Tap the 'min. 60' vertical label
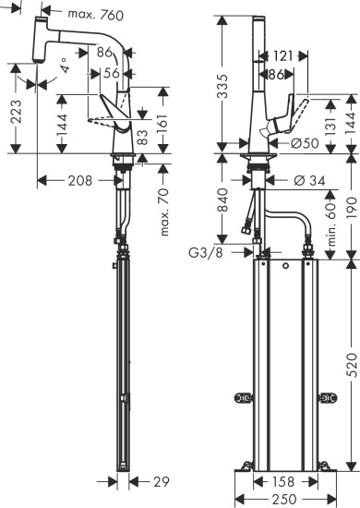329,221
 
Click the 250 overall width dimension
283,499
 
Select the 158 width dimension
282,481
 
